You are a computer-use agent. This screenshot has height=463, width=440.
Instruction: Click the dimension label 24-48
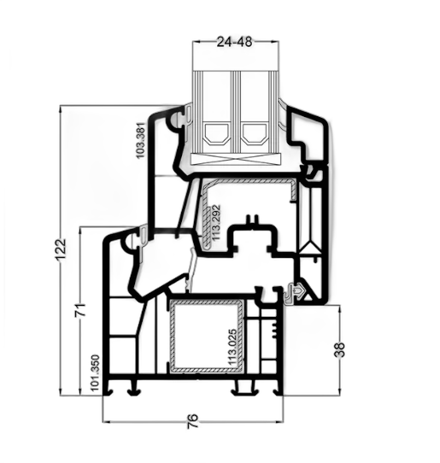click(234, 42)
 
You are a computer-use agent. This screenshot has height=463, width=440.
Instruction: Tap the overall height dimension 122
click(61, 249)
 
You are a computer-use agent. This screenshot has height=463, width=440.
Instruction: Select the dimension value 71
click(80, 310)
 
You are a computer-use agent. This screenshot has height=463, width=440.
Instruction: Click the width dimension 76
click(192, 421)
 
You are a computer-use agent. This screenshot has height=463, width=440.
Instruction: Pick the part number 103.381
click(141, 141)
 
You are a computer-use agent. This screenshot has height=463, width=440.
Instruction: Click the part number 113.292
click(216, 223)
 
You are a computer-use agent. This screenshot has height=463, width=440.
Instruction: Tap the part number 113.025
click(232, 347)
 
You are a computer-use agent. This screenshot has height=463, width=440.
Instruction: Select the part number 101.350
click(95, 372)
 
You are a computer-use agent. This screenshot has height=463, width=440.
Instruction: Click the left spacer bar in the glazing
click(217, 135)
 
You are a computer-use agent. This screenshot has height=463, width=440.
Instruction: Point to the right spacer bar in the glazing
click(254, 135)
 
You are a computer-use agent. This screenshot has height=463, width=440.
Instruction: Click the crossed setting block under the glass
click(235, 159)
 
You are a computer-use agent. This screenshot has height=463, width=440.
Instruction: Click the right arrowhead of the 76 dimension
click(279, 422)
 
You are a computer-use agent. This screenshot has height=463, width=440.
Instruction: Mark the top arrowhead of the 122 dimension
click(61, 109)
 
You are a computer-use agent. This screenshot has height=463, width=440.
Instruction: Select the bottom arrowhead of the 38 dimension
click(339, 391)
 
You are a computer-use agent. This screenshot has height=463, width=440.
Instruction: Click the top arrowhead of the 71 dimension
click(80, 231)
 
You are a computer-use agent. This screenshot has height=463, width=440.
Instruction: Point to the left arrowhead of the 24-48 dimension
click(197, 42)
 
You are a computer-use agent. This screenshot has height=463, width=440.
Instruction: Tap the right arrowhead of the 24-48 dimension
click(275, 42)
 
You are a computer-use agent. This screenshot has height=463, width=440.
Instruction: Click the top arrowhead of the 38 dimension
click(339, 309)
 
